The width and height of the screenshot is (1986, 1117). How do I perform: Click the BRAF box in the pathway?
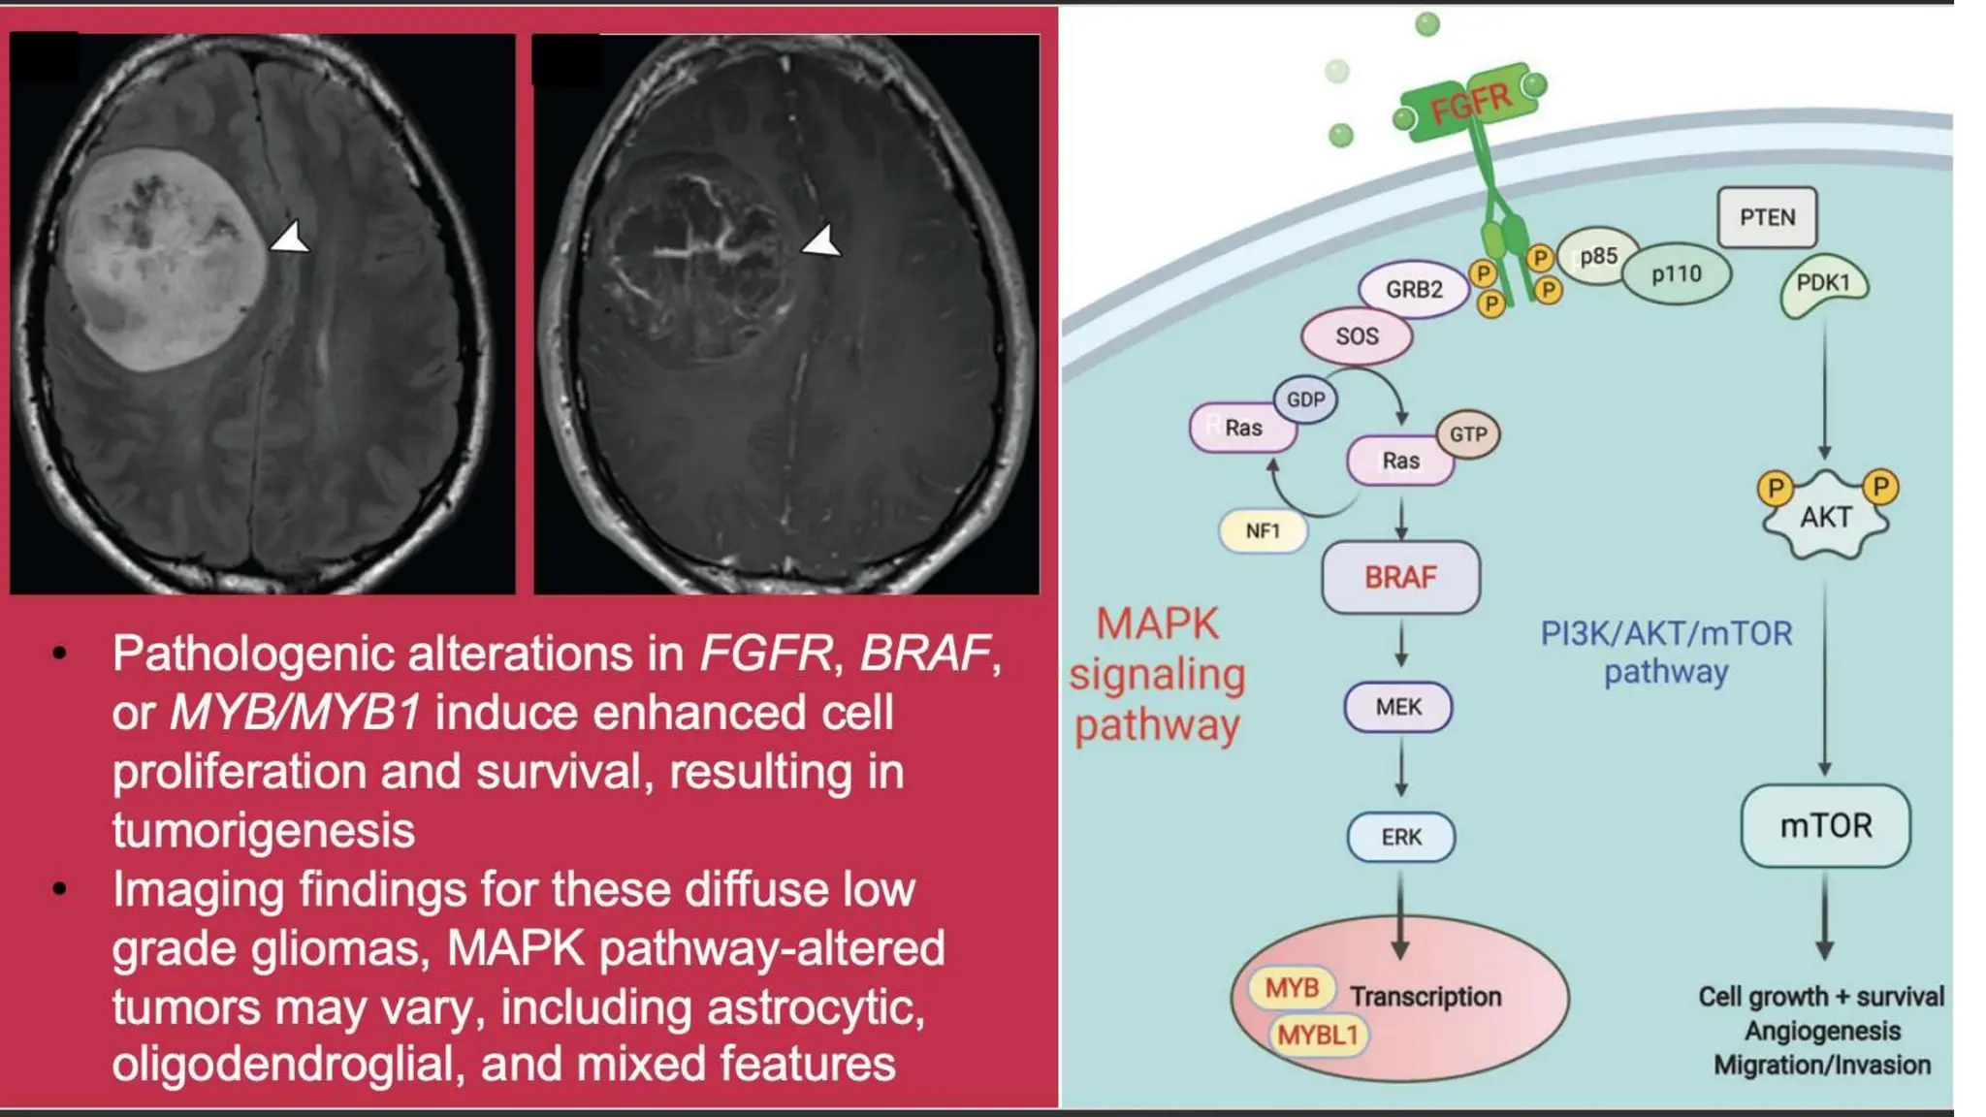1400,578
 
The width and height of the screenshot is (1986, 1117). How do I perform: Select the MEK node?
1397,707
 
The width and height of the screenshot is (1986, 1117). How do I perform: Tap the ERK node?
1400,837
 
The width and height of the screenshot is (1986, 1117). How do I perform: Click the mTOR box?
1825,826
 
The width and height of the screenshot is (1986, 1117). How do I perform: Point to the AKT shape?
1825,517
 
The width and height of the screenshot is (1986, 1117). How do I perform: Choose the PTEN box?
1766,217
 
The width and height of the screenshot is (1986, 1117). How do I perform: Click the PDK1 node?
1823,283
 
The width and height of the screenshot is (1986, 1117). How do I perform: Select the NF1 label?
1263,530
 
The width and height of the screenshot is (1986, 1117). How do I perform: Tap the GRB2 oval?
1413,289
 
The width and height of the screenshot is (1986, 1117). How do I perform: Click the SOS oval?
1356,336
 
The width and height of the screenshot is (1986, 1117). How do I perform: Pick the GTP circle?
1467,434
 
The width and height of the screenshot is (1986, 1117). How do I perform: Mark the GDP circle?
1305,399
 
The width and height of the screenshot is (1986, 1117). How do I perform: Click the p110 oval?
1676,274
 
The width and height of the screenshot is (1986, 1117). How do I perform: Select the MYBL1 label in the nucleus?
1317,1036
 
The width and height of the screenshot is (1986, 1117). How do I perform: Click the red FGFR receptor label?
1470,103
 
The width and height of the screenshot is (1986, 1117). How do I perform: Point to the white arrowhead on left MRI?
289,239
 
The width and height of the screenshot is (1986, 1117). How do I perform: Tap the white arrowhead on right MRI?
821,240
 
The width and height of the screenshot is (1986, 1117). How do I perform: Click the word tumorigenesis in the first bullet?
263,831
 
